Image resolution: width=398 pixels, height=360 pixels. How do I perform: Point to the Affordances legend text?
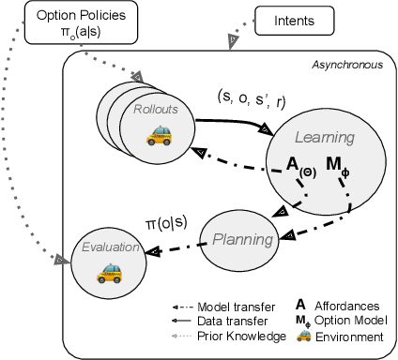(x=354, y=306)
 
